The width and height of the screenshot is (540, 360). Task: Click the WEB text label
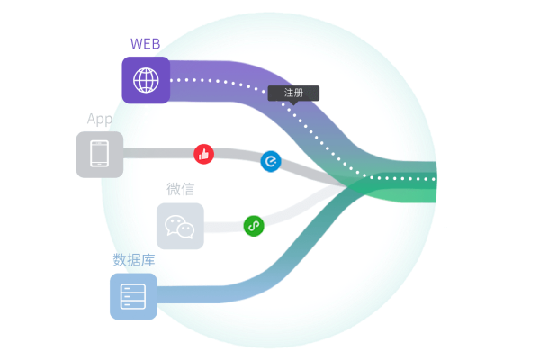(x=147, y=43)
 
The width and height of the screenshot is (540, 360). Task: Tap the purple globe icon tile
(x=146, y=80)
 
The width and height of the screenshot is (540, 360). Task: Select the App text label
(x=100, y=119)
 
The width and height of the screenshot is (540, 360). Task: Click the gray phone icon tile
(x=100, y=155)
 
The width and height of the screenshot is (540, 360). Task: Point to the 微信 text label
(x=180, y=189)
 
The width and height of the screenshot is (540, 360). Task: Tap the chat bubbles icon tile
(x=180, y=226)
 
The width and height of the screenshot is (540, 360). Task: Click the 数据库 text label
(x=133, y=260)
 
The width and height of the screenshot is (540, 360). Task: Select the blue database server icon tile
(x=133, y=296)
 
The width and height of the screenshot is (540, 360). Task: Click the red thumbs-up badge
(x=204, y=154)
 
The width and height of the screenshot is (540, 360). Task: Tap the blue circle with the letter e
(x=271, y=161)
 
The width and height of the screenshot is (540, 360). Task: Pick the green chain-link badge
(x=254, y=226)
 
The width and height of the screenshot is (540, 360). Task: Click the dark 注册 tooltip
(x=293, y=93)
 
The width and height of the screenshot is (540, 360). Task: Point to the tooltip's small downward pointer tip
(x=293, y=103)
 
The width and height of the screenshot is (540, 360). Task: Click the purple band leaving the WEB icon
(x=216, y=72)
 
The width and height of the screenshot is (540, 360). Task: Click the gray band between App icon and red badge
(x=157, y=153)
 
